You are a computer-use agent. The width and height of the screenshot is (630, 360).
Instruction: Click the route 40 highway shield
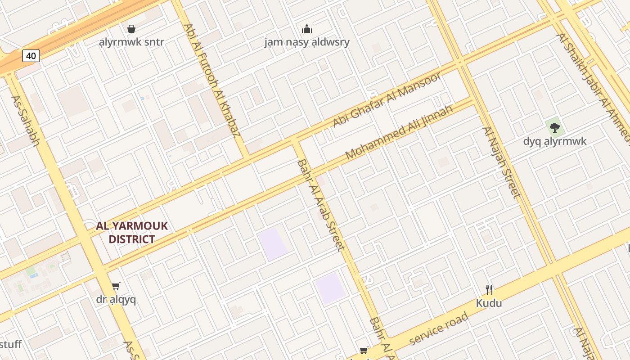31,56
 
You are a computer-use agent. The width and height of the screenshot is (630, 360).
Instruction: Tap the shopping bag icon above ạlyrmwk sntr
131,29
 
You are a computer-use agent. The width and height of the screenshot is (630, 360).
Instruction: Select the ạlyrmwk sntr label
131,42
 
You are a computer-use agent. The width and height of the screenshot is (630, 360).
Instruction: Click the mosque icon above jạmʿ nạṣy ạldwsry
307,29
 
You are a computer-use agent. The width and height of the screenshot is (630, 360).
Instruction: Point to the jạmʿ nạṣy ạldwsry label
307,42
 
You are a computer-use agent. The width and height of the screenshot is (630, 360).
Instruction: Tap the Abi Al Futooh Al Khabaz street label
212,80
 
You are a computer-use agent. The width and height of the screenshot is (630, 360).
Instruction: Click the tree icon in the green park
555,128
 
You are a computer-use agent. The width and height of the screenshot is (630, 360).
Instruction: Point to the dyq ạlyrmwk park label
555,141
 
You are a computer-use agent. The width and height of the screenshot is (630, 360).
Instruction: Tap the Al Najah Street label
502,162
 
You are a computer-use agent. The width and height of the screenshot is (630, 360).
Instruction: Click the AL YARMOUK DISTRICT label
132,232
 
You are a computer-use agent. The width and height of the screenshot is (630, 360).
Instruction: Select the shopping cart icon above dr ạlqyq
116,286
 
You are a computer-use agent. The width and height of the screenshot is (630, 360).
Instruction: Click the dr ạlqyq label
116,299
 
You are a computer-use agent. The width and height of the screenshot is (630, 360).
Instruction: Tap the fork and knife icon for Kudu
489,289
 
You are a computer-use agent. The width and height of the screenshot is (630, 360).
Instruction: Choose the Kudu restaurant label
489,303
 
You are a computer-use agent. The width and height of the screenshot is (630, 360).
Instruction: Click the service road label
438,329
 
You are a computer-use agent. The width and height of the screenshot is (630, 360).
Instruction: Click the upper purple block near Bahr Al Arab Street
272,243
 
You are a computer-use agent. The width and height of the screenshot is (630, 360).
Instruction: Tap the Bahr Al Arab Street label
321,205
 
